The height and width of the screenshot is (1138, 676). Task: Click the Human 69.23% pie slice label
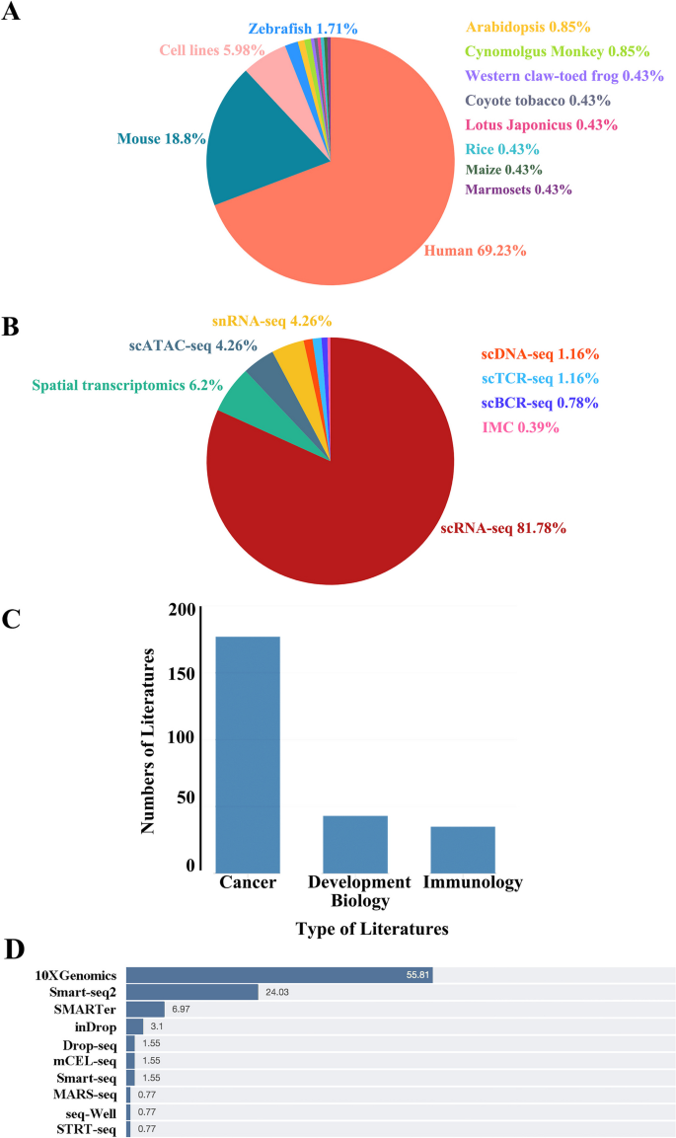pos(475,252)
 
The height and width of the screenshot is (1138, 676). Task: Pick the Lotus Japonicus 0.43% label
pos(540,125)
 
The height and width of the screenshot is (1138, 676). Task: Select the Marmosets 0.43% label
pos(518,190)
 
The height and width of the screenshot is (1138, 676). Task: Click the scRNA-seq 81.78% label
pos(502,529)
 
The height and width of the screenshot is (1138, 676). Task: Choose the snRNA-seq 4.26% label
pos(270,321)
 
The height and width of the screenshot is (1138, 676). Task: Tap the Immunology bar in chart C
pos(462,848)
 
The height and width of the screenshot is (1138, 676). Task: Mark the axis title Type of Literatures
pos(372,929)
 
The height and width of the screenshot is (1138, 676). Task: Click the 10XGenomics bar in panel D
pos(279,975)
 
